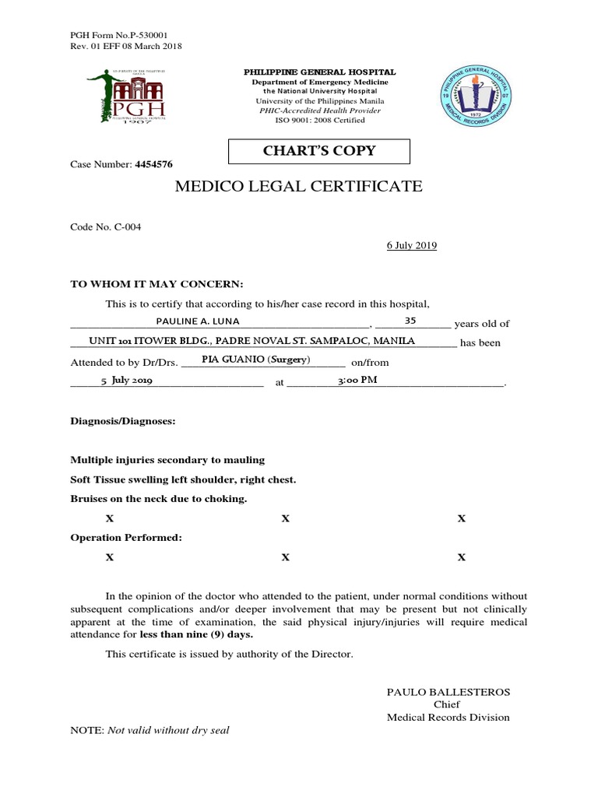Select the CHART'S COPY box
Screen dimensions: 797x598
319,150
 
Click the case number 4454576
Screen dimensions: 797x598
153,164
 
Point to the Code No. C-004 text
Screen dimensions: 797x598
107,226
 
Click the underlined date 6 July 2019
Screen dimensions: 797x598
412,245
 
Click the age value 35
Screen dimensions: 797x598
410,320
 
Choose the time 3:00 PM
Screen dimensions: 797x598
357,380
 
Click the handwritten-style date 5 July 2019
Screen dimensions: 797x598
127,381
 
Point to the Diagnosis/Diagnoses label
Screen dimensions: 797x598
123,421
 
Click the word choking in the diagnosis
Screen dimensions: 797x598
227,498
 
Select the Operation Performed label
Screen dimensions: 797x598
126,538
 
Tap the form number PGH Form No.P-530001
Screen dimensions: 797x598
119,35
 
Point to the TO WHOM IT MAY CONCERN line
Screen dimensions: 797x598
157,283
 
